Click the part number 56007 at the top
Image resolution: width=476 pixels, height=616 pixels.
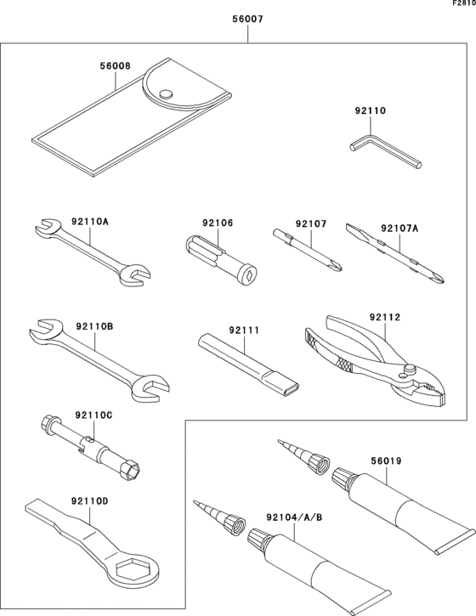pyautogui.click(x=247, y=18)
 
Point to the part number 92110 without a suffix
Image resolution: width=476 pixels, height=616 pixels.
pyautogui.click(x=370, y=110)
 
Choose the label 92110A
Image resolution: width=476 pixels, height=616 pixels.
pyautogui.click(x=90, y=222)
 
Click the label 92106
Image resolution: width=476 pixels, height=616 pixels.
pyautogui.click(x=218, y=223)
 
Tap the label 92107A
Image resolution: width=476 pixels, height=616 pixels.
pyautogui.click(x=399, y=228)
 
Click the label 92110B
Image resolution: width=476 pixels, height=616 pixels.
pyautogui.click(x=93, y=325)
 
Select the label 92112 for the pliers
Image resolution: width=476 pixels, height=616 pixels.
pyautogui.click(x=384, y=318)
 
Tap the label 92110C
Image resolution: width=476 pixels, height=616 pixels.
pyautogui.click(x=93, y=415)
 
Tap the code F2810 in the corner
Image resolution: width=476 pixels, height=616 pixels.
pyautogui.click(x=462, y=4)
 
